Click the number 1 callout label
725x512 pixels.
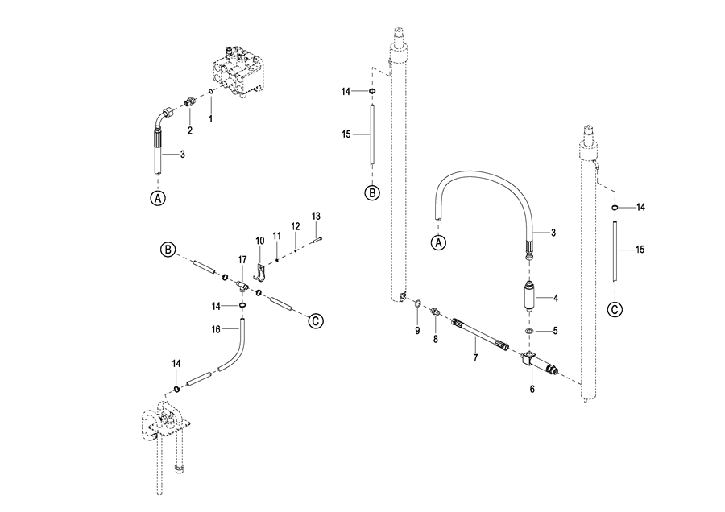tap(211, 119)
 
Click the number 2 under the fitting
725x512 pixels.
tap(190, 130)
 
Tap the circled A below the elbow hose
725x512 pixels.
tap(158, 198)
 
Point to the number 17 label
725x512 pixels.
tap(242, 260)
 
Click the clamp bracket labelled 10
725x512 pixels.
tap(261, 273)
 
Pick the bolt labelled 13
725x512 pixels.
tap(317, 239)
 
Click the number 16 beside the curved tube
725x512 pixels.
tap(216, 329)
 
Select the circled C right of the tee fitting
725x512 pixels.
tap(316, 320)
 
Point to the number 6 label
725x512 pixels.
tap(532, 389)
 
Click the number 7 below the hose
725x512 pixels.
tap(475, 357)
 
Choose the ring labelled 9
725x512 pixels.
tap(417, 303)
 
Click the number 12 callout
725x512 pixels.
tap(296, 226)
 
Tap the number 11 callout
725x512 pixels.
tap(277, 236)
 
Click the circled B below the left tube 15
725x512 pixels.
tap(372, 192)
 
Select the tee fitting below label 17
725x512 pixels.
tap(242, 287)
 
